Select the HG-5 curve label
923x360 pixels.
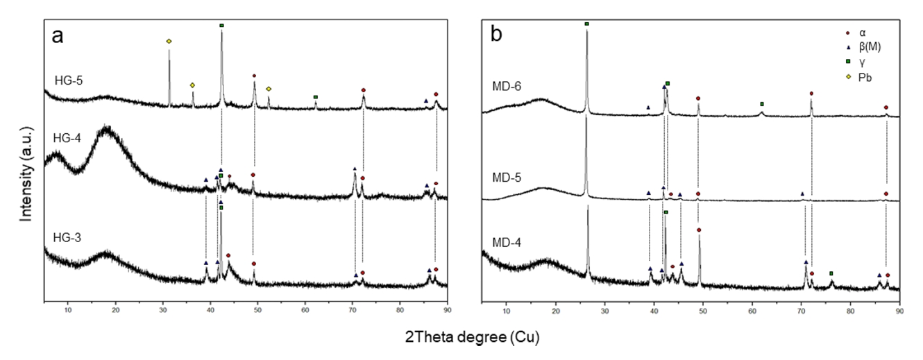point(68,81)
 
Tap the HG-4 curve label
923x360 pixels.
point(68,138)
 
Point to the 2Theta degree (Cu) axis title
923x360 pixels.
point(471,338)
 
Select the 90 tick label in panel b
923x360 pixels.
point(899,309)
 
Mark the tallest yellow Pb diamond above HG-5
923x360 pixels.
point(169,42)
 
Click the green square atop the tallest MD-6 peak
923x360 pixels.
point(586,24)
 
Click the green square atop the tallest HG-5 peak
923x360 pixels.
point(221,26)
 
